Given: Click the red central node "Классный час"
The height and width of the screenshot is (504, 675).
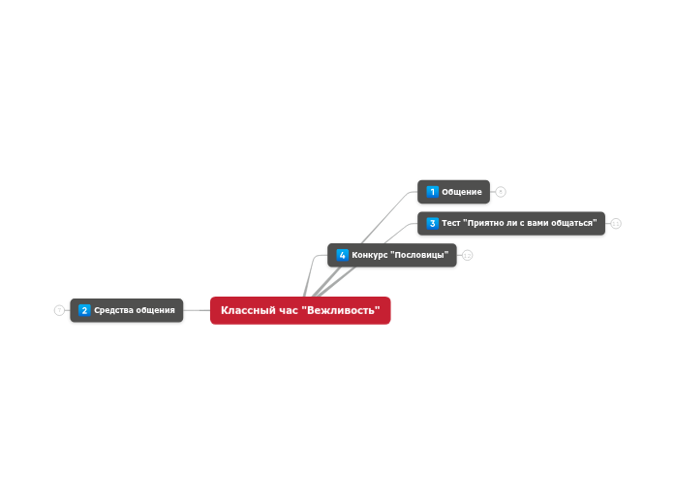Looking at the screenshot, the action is point(300,310).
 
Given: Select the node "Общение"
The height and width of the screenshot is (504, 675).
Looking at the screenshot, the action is point(454,192).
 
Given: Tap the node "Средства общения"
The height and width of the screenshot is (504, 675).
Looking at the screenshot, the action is point(127,310).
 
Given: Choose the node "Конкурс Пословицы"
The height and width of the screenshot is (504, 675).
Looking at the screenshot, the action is point(392,255).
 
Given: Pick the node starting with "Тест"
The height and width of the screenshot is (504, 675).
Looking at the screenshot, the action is point(511,223).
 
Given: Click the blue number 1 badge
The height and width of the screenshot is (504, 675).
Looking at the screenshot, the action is point(433,192).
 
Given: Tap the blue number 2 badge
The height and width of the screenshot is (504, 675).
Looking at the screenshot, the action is point(85,310).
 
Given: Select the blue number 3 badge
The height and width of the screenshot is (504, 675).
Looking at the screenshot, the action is point(433,223).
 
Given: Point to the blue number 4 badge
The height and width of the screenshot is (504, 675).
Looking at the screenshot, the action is point(343,255).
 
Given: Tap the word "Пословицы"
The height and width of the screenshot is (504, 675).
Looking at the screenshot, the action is point(421,255).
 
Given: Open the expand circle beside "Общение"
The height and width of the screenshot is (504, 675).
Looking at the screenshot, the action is point(501,192).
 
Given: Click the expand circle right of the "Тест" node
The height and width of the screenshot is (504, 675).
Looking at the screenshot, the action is point(616,224).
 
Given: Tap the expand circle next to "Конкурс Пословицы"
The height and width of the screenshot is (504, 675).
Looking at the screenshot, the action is point(468,256).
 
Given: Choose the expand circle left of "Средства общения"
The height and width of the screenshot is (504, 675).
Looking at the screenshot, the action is point(59,310).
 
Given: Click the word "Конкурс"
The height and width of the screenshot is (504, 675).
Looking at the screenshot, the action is point(370,255).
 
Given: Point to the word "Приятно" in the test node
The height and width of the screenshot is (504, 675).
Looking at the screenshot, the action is point(484,223).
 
